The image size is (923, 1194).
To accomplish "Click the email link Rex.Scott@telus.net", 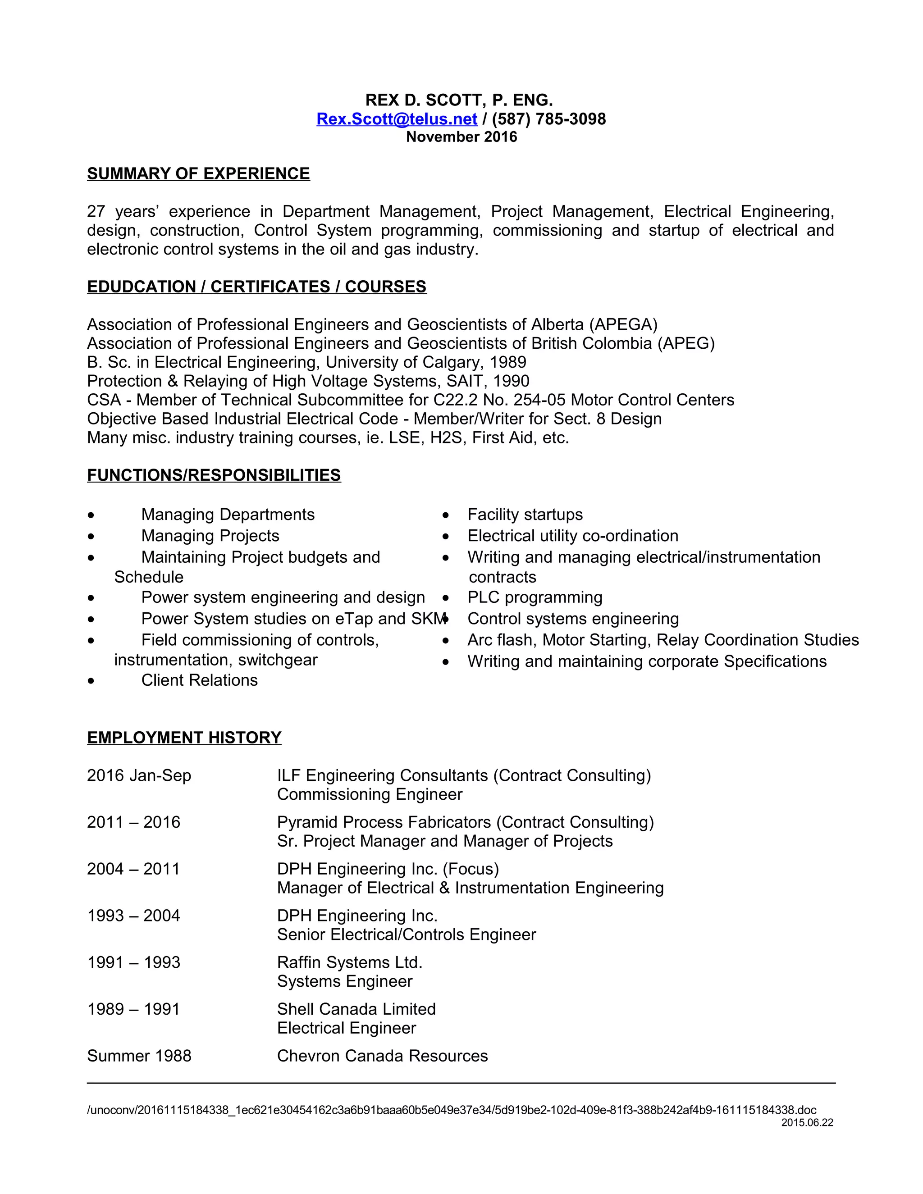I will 397,119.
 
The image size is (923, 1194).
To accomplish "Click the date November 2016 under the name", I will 461,137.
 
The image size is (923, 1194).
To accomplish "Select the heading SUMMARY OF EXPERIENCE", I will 198,174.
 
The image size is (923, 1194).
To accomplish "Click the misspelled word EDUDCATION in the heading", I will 141,287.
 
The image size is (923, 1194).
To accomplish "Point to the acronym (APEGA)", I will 623,325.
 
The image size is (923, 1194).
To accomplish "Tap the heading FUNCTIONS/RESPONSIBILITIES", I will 214,475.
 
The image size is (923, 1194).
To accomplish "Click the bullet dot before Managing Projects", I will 91,536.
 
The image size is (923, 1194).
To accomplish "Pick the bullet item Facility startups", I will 525,515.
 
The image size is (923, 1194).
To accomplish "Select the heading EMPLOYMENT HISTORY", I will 184,738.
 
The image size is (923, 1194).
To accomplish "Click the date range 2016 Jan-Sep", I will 139,776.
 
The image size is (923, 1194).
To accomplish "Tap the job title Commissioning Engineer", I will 370,794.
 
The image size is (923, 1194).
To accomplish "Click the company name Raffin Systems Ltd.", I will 349,962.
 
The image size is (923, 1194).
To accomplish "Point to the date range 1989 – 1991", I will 133,1009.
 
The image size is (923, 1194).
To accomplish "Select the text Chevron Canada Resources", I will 382,1056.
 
